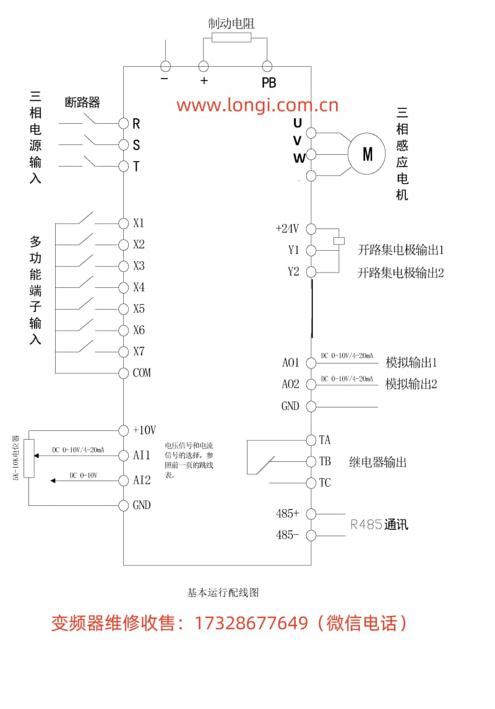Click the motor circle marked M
point(367,153)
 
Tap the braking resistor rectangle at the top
point(231,38)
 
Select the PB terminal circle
point(267,66)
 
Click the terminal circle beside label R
point(123,123)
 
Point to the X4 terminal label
point(139,287)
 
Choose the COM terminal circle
point(123,373)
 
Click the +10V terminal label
point(145,430)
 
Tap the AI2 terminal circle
point(123,480)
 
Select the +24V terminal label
point(287,228)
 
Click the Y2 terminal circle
point(311,272)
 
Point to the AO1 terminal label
point(291,363)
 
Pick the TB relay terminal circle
point(311,461)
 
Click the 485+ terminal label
point(288,513)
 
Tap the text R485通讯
point(379,525)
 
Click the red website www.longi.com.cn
point(257,105)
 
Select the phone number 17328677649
point(251,623)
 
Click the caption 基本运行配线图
point(223,593)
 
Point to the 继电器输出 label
point(378,462)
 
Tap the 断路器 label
point(82,102)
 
